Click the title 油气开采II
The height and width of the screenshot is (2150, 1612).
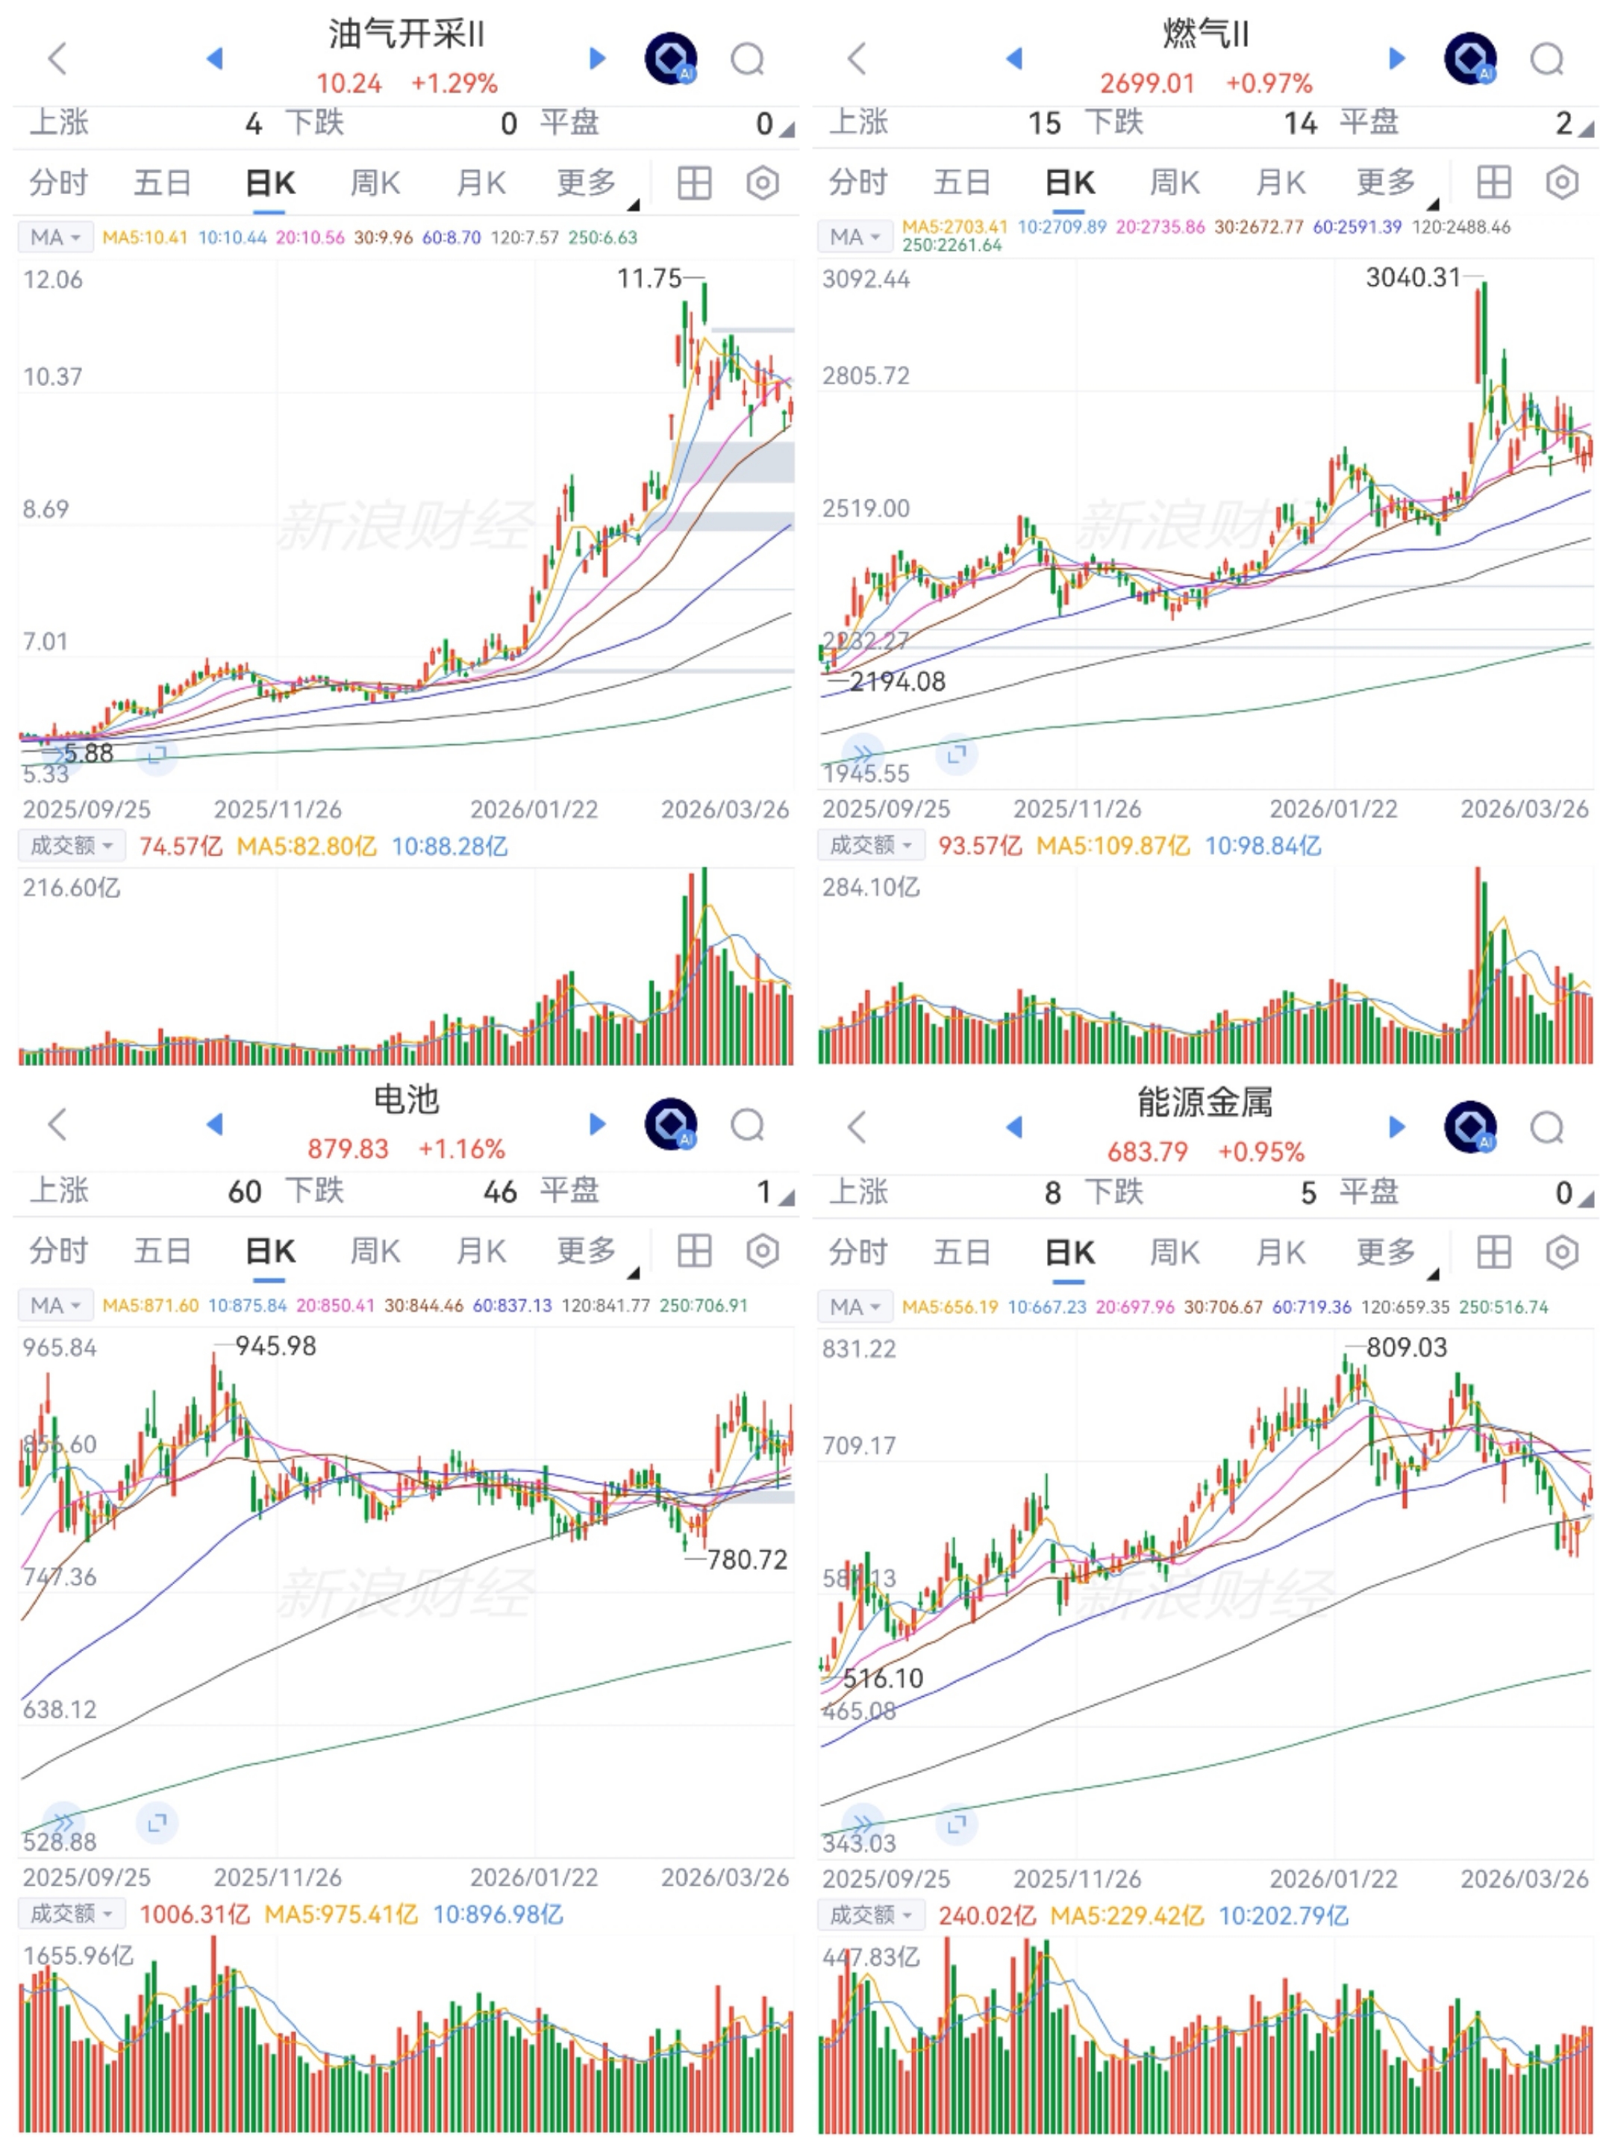406,35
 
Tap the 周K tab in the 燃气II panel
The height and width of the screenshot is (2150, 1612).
1174,183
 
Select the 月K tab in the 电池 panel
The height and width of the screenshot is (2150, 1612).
481,1251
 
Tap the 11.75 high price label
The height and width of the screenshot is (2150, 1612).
649,279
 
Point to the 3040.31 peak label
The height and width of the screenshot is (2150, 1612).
1413,278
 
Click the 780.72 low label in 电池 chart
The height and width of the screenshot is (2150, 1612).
746,1560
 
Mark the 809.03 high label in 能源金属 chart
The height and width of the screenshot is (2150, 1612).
1406,1347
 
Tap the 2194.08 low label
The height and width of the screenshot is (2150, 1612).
897,682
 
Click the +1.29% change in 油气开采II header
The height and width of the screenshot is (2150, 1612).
454,84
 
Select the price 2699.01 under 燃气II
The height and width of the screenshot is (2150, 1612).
1146,84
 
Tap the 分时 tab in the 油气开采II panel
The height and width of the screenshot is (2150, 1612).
58,183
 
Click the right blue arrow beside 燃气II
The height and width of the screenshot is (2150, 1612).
1397,58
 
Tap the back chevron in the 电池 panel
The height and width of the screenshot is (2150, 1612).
57,1124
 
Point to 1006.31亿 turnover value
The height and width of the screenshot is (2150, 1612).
194,1914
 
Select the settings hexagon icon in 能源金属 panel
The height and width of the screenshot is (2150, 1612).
1561,1252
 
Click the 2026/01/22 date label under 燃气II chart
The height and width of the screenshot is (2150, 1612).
1333,808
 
